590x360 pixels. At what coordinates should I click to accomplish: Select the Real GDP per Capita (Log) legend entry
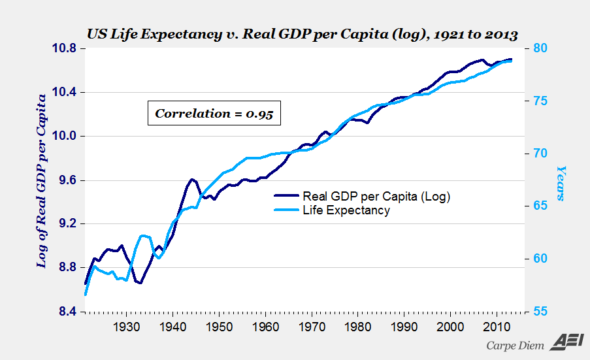point(376,196)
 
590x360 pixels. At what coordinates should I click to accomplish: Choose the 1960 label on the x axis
point(265,327)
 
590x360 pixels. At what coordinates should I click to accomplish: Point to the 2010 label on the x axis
point(497,327)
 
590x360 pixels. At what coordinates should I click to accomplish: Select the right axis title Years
point(561,182)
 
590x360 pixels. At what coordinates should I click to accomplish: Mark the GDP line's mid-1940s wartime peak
point(192,179)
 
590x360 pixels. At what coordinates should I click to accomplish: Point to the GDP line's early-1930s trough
point(140,283)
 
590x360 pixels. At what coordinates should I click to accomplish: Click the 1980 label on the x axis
point(358,327)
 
